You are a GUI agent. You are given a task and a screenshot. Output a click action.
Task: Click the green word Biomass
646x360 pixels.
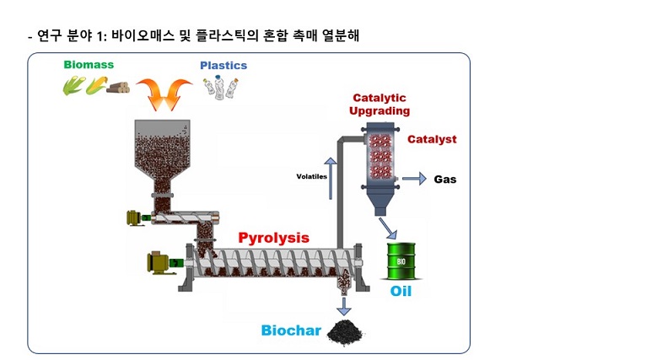tap(89, 64)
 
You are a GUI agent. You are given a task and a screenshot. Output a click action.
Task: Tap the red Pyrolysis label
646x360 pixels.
tap(273, 238)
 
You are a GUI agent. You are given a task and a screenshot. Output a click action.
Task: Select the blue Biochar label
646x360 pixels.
tap(291, 330)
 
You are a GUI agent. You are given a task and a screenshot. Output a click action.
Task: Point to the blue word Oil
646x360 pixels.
tap(401, 292)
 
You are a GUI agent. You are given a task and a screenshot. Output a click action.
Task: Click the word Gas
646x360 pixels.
tap(444, 179)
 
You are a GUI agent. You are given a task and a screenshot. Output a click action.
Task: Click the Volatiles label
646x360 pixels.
tap(310, 177)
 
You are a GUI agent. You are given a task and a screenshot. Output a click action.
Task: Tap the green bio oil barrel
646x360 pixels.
tap(401, 261)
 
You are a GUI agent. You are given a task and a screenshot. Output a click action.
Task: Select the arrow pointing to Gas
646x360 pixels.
tap(413, 179)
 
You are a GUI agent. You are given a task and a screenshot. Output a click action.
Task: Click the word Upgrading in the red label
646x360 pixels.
tap(380, 110)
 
